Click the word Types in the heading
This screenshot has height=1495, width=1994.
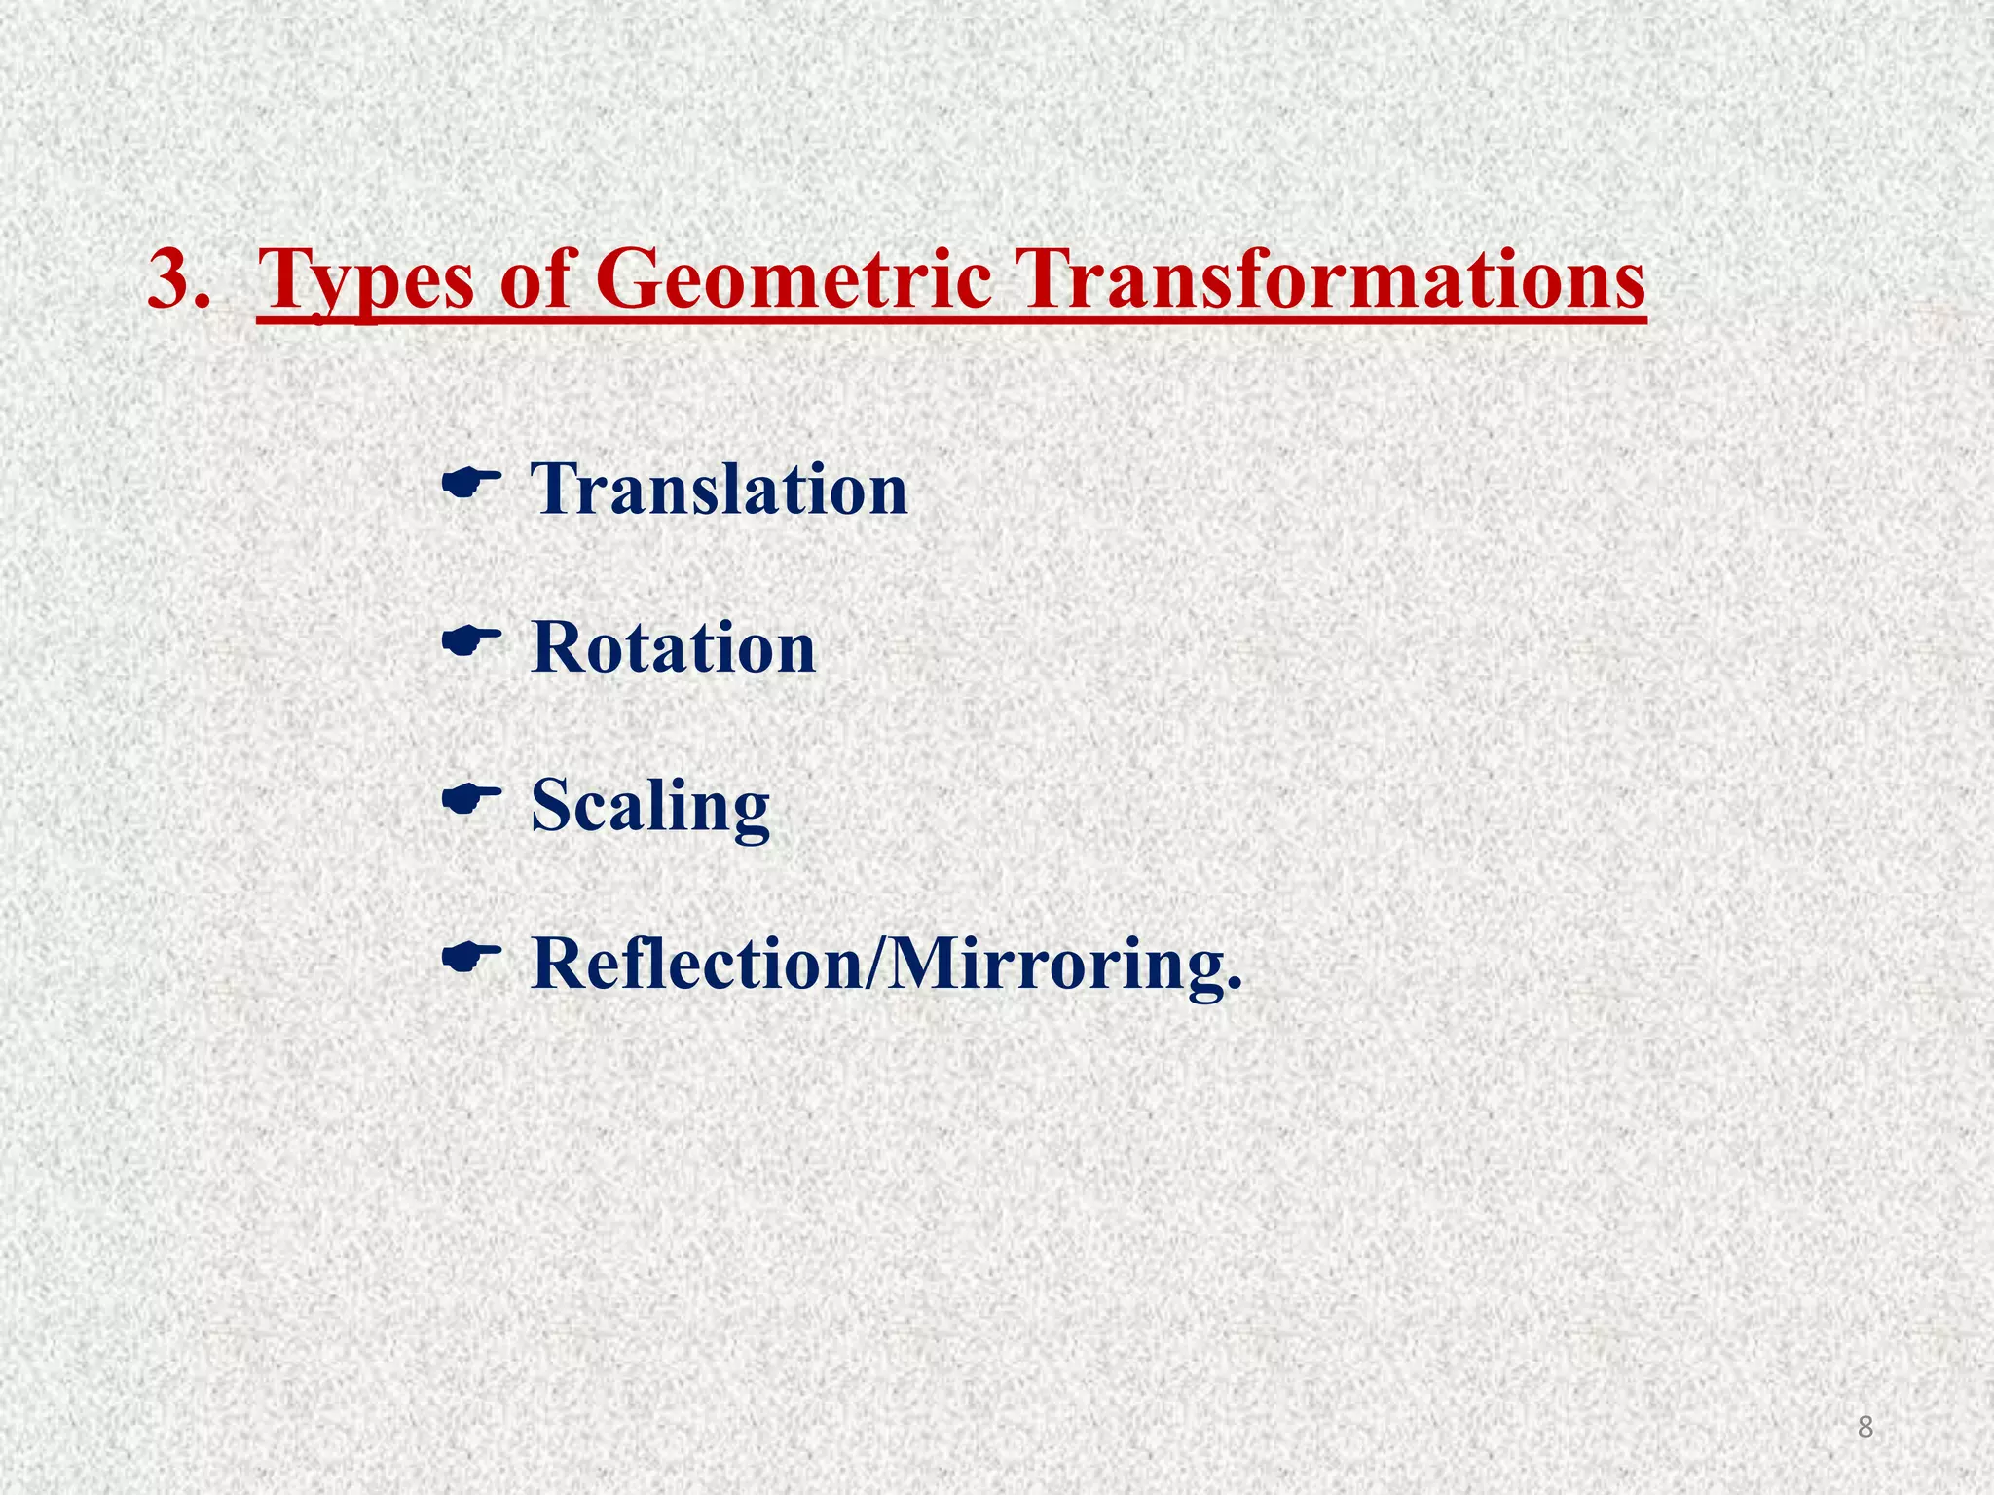pyautogui.click(x=367, y=280)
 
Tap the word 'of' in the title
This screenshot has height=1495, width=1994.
pyautogui.click(x=539, y=280)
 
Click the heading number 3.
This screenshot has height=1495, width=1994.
pyautogui.click(x=178, y=280)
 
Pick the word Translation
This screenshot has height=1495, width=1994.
pyautogui.click(x=719, y=489)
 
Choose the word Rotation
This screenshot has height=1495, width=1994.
pyautogui.click(x=673, y=648)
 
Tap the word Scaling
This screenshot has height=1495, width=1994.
pyautogui.click(x=649, y=808)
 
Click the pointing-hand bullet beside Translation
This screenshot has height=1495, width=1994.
pyautogui.click(x=471, y=480)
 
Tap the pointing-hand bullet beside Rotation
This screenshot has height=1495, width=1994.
pyautogui.click(x=471, y=639)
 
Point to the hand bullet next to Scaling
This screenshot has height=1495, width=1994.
pyautogui.click(x=471, y=799)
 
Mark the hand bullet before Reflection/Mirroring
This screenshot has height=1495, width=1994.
pyautogui.click(x=471, y=958)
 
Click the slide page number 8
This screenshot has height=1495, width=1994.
pyautogui.click(x=1865, y=1427)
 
